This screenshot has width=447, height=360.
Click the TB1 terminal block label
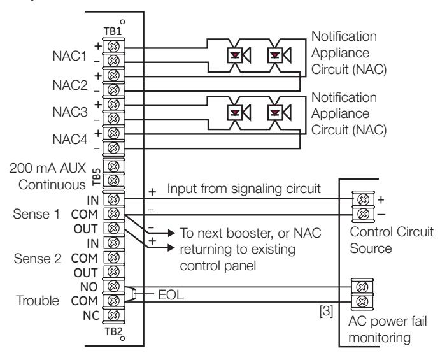[112, 31]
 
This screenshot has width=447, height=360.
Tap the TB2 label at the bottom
[113, 331]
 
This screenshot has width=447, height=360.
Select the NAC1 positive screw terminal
[113, 46]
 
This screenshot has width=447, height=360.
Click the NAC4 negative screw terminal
[113, 147]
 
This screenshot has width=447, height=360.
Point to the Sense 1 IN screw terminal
[113, 199]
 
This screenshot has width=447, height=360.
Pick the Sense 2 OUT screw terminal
[113, 272]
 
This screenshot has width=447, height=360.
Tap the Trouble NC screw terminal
[113, 315]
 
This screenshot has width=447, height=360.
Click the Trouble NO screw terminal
[113, 286]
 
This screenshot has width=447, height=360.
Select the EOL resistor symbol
[134, 294]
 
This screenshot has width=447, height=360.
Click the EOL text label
[171, 294]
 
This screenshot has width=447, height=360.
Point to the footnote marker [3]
[326, 311]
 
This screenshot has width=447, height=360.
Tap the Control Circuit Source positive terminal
[363, 199]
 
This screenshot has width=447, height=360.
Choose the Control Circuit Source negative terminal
[363, 213]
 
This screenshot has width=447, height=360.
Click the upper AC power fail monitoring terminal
[362, 287]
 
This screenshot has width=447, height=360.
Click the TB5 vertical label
[97, 177]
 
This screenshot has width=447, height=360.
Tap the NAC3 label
[70, 112]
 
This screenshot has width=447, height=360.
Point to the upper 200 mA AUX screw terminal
[113, 166]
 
